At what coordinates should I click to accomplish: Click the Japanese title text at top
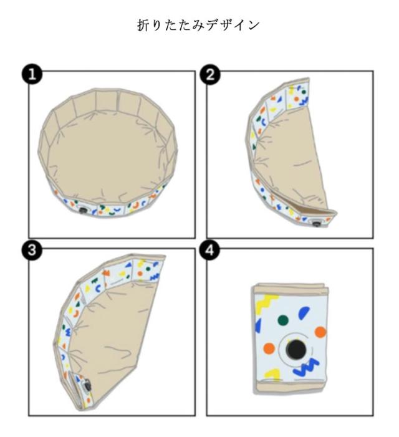point(199,26)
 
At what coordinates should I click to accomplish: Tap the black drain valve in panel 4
point(292,351)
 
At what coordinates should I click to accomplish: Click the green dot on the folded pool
point(282,320)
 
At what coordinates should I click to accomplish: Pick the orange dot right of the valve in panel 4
point(320,332)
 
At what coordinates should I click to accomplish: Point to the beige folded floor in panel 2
point(299,156)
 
